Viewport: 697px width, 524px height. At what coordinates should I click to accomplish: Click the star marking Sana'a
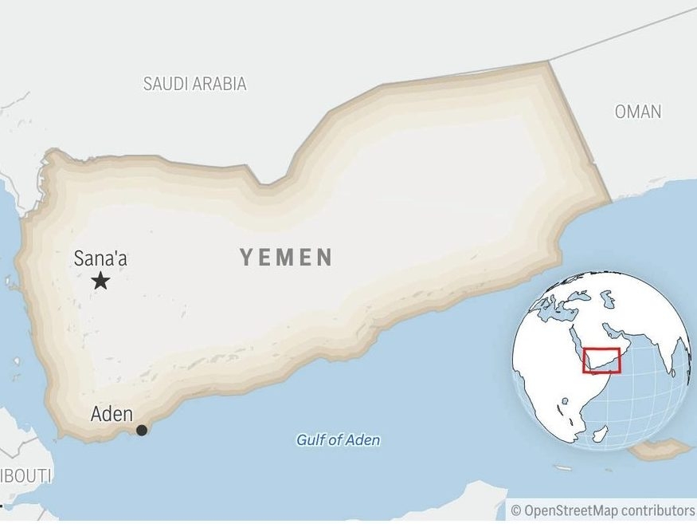pyautogui.click(x=100, y=281)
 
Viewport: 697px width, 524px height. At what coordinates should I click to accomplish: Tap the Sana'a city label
pyautogui.click(x=100, y=258)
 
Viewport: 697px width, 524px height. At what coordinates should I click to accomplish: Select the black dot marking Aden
pyautogui.click(x=142, y=431)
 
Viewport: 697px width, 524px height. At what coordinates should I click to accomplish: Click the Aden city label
pyautogui.click(x=112, y=414)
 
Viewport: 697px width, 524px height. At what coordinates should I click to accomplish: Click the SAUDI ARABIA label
pyautogui.click(x=194, y=84)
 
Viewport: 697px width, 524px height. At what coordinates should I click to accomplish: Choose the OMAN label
pyautogui.click(x=637, y=112)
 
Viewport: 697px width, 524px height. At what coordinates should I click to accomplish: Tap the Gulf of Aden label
pyautogui.click(x=338, y=440)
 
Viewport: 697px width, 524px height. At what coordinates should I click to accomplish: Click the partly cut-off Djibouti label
pyautogui.click(x=24, y=476)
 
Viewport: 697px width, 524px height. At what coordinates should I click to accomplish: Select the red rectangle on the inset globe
pyautogui.click(x=602, y=360)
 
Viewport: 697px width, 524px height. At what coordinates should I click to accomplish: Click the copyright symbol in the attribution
pyautogui.click(x=515, y=510)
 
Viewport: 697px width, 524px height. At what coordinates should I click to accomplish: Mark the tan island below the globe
pyautogui.click(x=660, y=451)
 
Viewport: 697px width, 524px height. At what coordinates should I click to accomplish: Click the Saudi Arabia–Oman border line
pyautogui.click(x=621, y=37)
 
